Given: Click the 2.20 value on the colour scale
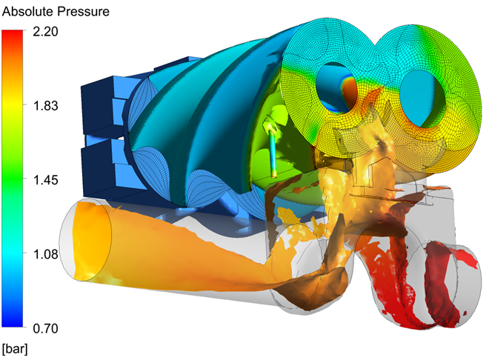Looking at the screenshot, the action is click(45, 31).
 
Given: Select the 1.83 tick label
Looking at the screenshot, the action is click(45, 106).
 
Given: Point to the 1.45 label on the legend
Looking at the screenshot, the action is click(45, 180).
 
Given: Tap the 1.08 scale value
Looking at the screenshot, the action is click(45, 254).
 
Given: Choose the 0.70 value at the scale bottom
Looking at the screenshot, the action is click(45, 328).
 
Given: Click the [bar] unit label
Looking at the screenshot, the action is click(15, 348).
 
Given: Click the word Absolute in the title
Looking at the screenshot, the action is click(27, 12).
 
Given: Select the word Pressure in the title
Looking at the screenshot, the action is click(83, 12).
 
